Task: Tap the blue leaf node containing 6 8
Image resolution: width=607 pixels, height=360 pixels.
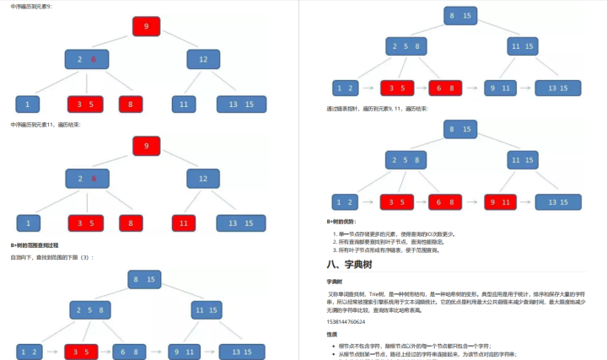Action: click(x=131, y=351)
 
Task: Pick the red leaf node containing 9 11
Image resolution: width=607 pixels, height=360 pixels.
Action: click(x=502, y=201)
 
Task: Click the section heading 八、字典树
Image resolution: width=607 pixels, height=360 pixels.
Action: click(x=356, y=263)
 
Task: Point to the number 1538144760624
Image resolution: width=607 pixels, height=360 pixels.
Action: click(x=346, y=321)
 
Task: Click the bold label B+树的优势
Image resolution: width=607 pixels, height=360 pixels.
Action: click(x=341, y=222)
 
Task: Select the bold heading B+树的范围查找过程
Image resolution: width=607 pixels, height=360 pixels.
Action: click(x=40, y=244)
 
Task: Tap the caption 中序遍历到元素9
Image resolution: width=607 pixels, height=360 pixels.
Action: click(x=30, y=6)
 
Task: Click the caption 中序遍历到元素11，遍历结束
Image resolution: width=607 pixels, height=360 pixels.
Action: click(x=46, y=125)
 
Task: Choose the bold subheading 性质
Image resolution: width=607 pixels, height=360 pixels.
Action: click(x=332, y=334)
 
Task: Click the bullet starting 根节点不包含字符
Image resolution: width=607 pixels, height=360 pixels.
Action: click(x=422, y=346)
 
